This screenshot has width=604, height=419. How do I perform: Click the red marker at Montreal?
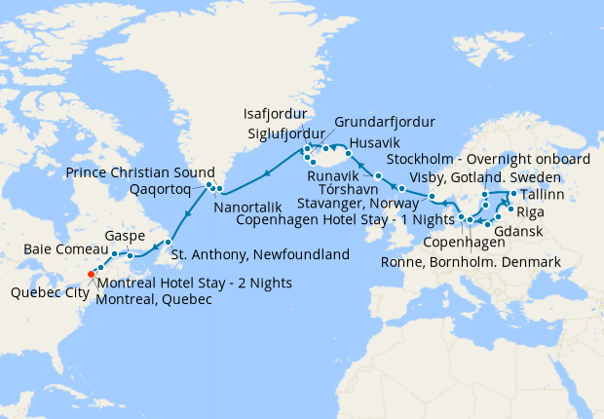(91, 274)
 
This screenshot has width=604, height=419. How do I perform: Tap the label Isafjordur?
(274, 112)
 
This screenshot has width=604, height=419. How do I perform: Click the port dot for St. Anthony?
(169, 242)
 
